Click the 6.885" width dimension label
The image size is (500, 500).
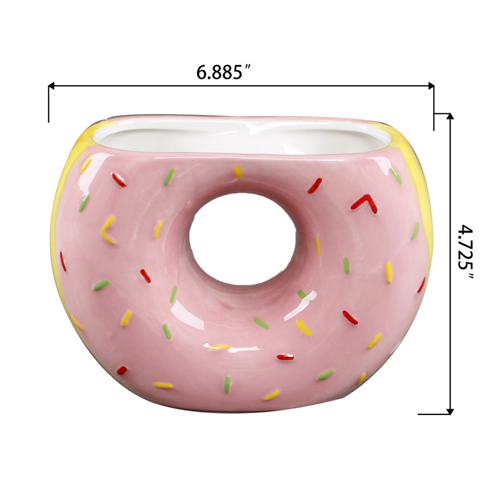click(224, 72)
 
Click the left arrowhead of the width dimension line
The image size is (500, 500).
click(52, 86)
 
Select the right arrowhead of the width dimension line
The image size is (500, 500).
click(431, 86)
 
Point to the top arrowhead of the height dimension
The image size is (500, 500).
click(450, 117)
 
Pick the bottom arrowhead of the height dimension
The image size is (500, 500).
click(450, 411)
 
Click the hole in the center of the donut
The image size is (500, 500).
click(242, 239)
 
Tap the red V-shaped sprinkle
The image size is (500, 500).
click(364, 204)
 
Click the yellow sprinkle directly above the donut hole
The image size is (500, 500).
click(238, 172)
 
